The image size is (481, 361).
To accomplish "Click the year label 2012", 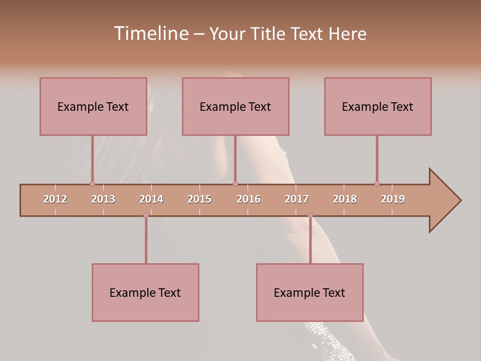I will tap(55, 199).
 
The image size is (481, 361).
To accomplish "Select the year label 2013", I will tap(103, 199).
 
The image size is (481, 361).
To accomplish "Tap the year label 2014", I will tap(151, 199).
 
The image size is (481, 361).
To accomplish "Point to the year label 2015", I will tap(199, 199).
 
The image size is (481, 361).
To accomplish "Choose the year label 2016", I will tap(249, 199).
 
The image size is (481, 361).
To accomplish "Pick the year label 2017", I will tap(297, 199).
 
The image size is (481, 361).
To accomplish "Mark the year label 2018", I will tap(345, 199).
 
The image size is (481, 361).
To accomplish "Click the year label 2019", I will tap(393, 199).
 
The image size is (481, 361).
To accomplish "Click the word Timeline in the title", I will tap(150, 34).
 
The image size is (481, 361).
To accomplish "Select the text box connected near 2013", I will tap(93, 106).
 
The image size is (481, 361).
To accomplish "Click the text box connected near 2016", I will tap(235, 106).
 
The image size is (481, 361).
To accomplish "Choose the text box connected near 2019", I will tap(378, 106).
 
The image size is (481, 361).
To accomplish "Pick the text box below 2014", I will tap(145, 292).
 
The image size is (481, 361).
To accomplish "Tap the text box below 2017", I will tap(310, 292).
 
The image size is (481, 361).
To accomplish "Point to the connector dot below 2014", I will tap(146, 215).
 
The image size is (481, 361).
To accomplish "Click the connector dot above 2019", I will tap(377, 184).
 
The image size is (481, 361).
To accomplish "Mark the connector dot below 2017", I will tap(310, 215).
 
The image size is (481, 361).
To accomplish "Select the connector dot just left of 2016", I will tap(235, 184).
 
